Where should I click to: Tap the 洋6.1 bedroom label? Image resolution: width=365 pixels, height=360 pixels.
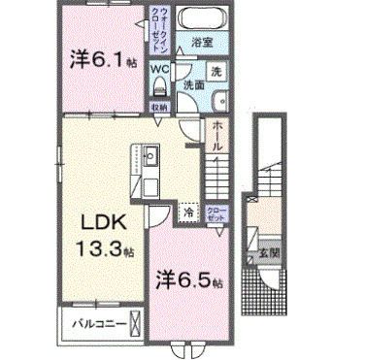(x=102, y=58)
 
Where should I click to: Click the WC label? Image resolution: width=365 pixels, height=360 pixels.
(x=159, y=68)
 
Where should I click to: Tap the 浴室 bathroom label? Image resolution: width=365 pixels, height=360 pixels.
(x=203, y=43)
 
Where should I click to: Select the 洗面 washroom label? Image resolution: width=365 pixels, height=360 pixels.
(x=195, y=84)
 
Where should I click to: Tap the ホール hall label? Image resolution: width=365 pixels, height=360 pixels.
(x=219, y=135)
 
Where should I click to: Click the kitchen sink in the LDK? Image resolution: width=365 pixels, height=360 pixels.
(x=152, y=156)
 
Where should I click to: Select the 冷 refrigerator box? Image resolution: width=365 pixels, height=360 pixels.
(x=187, y=210)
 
